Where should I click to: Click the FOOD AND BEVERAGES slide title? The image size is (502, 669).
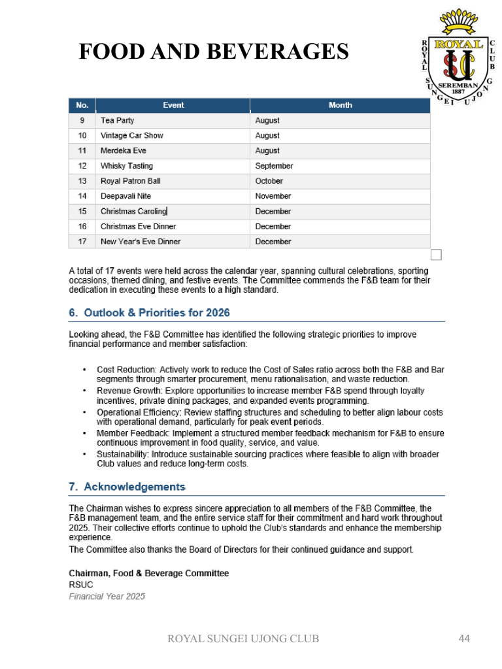coord(214,51)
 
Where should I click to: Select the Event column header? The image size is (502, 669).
coord(173,105)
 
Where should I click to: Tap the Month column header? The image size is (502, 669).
coord(340,105)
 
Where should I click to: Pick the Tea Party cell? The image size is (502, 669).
coord(118,121)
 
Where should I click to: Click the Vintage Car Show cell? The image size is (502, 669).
coord(132,136)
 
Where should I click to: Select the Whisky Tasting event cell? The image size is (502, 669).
coord(127,166)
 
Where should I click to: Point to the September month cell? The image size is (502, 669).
coord(275,166)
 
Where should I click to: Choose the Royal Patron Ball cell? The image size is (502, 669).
coord(131,181)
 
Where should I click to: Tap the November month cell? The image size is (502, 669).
coord(273,196)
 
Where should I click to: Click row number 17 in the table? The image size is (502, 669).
coord(82,242)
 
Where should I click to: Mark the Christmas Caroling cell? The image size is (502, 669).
coord(133,212)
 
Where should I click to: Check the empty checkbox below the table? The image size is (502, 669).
coord(436,255)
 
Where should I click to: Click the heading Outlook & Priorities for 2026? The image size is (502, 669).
coord(150,313)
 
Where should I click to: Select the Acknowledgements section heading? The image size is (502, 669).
coord(127,487)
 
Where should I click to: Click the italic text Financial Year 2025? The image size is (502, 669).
coord(107,596)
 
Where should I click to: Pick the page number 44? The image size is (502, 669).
coord(465,638)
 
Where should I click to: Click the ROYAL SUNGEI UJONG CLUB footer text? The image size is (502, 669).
coord(244,638)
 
